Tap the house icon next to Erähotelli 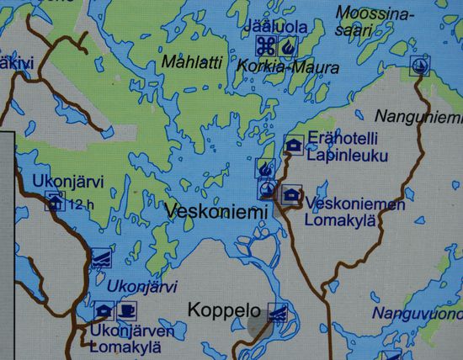click(294, 146)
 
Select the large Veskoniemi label click(216, 211)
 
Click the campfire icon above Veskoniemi click(266, 170)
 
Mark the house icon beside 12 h click(56, 201)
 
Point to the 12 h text click(81, 203)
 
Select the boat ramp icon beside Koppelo click(276, 312)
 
